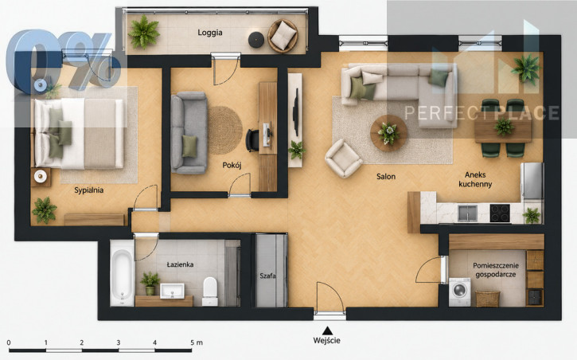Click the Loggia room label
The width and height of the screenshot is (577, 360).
coord(210,33)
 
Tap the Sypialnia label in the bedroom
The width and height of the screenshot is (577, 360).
coord(88,190)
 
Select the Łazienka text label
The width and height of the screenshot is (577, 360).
coord(180,264)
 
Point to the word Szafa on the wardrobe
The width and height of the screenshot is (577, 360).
coord(267,276)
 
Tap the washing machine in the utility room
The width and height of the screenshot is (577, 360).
coord(460,292)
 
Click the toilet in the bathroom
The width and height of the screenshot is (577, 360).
coord(210,292)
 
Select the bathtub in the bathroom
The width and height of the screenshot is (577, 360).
coord(122,272)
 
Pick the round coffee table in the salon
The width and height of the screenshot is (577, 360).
coord(388,133)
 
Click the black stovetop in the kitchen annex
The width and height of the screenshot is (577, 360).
coord(500,213)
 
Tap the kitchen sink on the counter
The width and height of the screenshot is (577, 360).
coord(467,213)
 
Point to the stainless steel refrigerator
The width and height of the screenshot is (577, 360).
coord(532,182)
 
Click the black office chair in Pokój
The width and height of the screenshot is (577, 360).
coord(252,140)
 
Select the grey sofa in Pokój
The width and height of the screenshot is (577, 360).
coord(189,133)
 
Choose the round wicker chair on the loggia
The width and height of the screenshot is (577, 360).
coord(283,35)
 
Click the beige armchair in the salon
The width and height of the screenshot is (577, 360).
coord(343,158)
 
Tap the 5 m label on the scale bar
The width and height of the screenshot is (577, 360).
coord(197,342)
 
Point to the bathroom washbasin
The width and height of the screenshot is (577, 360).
coord(172,291)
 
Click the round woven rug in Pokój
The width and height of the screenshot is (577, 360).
coord(225,131)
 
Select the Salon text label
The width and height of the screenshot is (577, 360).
coord(386,177)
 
